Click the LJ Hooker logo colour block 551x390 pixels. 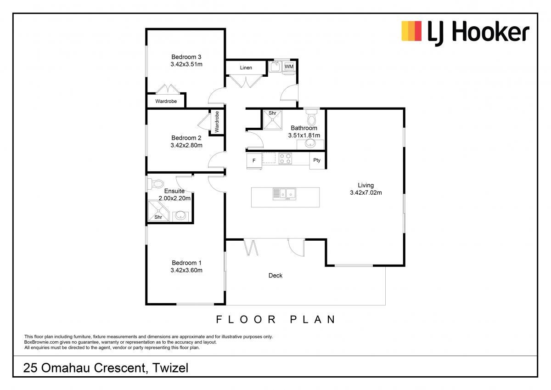[411, 31]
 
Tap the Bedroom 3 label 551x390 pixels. [186, 57]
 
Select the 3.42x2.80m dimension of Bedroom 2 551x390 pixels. [186, 145]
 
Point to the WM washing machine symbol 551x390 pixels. [289, 67]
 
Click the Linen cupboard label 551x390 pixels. [246, 68]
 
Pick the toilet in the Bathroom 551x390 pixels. [312, 117]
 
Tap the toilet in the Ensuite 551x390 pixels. [156, 184]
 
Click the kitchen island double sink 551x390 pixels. [285, 194]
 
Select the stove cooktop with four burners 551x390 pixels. [285, 158]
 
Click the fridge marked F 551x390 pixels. [254, 161]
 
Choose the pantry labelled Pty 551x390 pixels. [317, 160]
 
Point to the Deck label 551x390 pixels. [275, 276]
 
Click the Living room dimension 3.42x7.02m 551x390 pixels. [366, 192]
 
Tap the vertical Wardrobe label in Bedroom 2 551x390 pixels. [217, 122]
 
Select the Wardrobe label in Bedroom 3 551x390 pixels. [166, 101]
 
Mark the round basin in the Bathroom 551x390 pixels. [310, 143]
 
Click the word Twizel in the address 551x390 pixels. [170, 368]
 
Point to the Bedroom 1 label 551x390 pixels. [186, 263]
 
